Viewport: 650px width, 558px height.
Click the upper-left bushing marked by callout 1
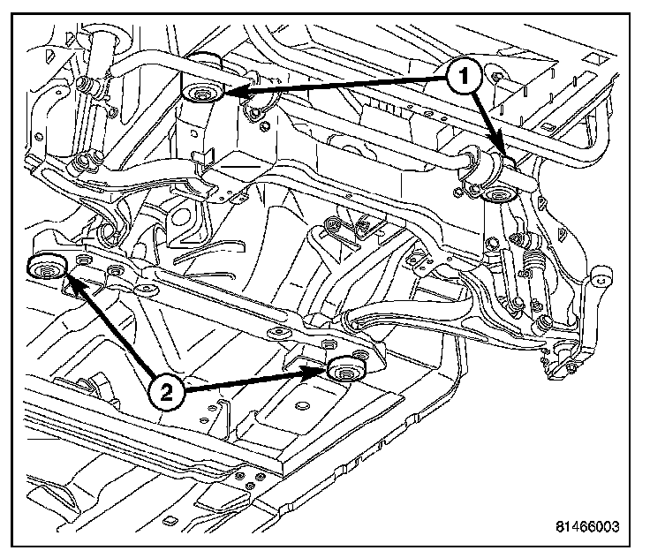point(201,93)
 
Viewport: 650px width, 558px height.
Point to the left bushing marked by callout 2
point(45,266)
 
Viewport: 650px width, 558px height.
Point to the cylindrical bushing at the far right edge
point(603,277)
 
